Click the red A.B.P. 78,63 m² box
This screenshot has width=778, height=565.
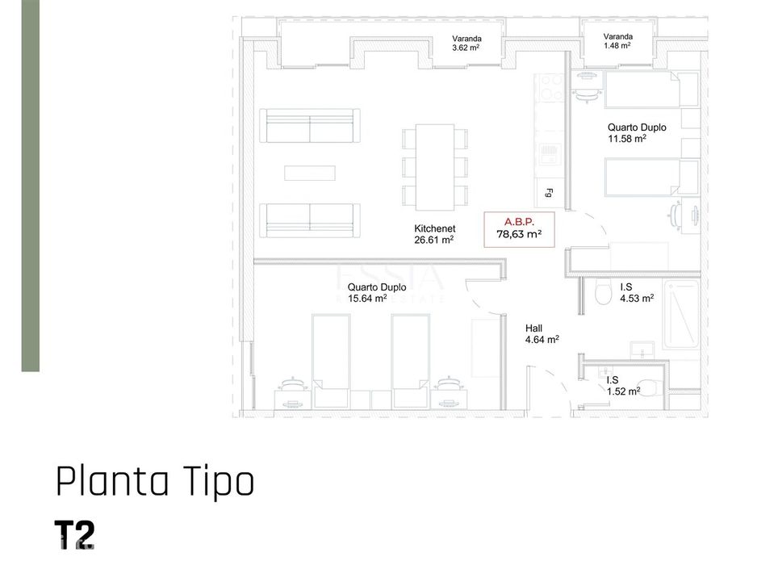(x=519, y=229)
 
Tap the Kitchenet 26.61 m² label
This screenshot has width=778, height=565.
(x=435, y=234)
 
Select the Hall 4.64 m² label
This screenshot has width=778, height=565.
(x=542, y=334)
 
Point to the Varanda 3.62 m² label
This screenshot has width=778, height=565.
(x=466, y=43)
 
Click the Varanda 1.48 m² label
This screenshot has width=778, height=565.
(x=617, y=40)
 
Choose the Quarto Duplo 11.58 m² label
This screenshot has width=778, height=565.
(x=637, y=133)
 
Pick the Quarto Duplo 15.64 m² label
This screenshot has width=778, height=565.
(x=377, y=293)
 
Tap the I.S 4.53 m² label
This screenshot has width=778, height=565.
(x=637, y=293)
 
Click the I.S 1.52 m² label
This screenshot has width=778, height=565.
(x=623, y=386)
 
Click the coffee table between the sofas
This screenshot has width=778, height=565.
(x=310, y=173)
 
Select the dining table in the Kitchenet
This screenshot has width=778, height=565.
(x=435, y=167)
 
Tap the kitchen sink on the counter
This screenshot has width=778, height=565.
(x=550, y=154)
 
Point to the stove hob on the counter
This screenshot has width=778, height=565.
(x=550, y=87)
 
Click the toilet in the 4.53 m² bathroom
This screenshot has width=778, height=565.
(x=604, y=294)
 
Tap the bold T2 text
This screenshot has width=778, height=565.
(x=74, y=534)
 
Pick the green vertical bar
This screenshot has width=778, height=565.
(x=31, y=186)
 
